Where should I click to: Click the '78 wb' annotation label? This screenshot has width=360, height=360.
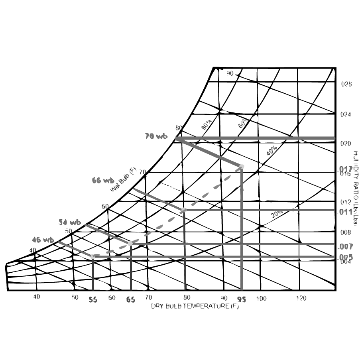156,136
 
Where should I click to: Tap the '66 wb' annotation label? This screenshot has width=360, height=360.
103,181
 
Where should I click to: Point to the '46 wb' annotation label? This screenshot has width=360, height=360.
43,240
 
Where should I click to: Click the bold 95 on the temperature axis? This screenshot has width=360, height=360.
241,300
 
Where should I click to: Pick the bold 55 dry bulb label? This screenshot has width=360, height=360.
93,300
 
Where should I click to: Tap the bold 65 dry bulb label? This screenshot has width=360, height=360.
131,300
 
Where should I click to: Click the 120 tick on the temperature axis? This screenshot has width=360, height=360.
301,298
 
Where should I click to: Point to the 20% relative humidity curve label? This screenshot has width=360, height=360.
277,214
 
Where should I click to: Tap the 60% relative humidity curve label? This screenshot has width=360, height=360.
242,122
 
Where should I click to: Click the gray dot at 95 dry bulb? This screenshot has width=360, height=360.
241,166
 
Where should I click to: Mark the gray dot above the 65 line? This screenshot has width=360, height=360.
130,243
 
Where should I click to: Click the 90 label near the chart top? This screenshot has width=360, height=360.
230,73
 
